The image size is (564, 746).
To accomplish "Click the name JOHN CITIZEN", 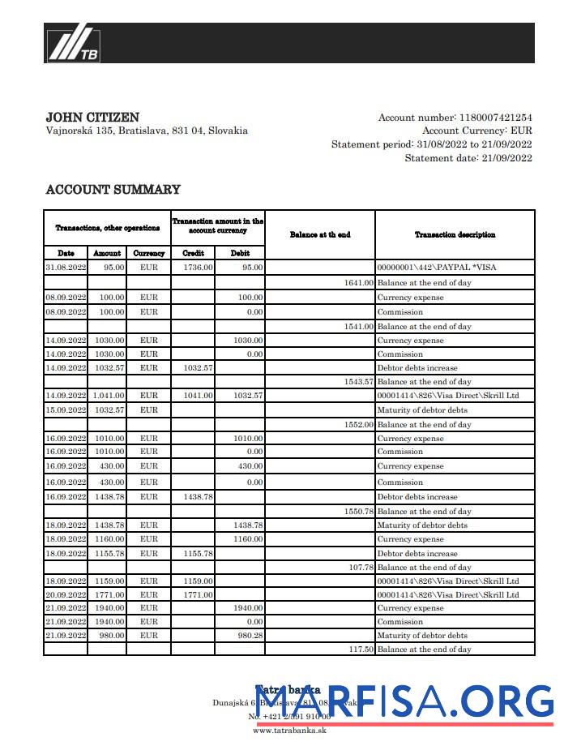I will [x=92, y=118].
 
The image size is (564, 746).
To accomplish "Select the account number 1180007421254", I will [x=495, y=118].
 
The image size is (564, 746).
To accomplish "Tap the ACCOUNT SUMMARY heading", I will [x=113, y=190].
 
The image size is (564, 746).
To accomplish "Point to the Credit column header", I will [x=193, y=253].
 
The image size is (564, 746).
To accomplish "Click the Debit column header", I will [x=240, y=253].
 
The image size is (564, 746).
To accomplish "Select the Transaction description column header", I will [x=455, y=235].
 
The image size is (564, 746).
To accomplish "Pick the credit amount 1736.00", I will [x=198, y=267].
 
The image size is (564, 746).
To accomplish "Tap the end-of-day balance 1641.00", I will [x=358, y=283].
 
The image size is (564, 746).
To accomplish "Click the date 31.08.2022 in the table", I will [x=66, y=267].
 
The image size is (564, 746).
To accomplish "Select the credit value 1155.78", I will [x=198, y=554].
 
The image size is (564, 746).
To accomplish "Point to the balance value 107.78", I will [x=361, y=568].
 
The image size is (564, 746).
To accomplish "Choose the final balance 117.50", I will [x=361, y=650].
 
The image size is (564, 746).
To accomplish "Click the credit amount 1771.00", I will [x=198, y=595].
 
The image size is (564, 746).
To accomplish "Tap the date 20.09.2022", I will [x=66, y=595].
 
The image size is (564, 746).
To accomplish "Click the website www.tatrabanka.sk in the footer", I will [x=289, y=730].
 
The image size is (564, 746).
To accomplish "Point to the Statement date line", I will [x=468, y=158].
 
